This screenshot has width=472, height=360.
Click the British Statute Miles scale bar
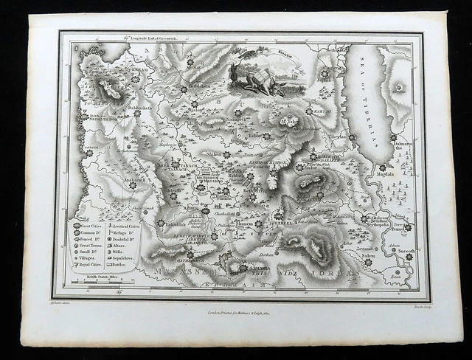click(100, 283)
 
